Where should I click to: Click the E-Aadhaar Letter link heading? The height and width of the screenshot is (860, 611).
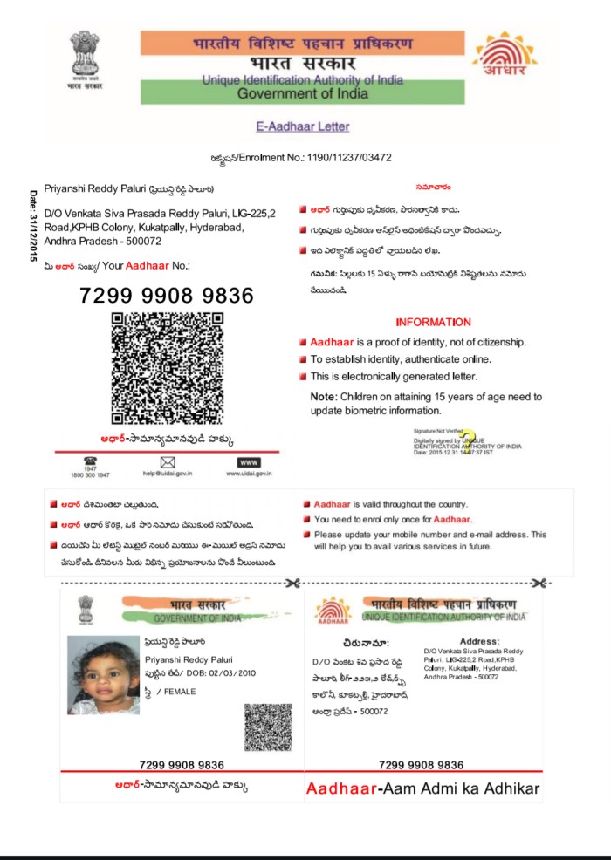point(302,126)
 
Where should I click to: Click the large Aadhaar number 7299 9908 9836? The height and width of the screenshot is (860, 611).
point(167,296)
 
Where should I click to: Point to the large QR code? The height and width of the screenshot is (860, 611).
point(168,368)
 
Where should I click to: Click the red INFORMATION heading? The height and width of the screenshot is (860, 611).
point(433,322)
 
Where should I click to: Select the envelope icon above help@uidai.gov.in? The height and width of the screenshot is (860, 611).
point(168,461)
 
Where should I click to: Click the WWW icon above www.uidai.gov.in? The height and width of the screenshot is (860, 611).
point(249,461)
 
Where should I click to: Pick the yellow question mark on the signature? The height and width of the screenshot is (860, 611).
point(469,439)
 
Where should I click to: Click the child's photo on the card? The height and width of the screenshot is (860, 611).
point(103,674)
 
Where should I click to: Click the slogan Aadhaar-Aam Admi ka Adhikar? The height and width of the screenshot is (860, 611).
point(423,790)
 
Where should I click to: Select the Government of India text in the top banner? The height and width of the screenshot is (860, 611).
point(303,93)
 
